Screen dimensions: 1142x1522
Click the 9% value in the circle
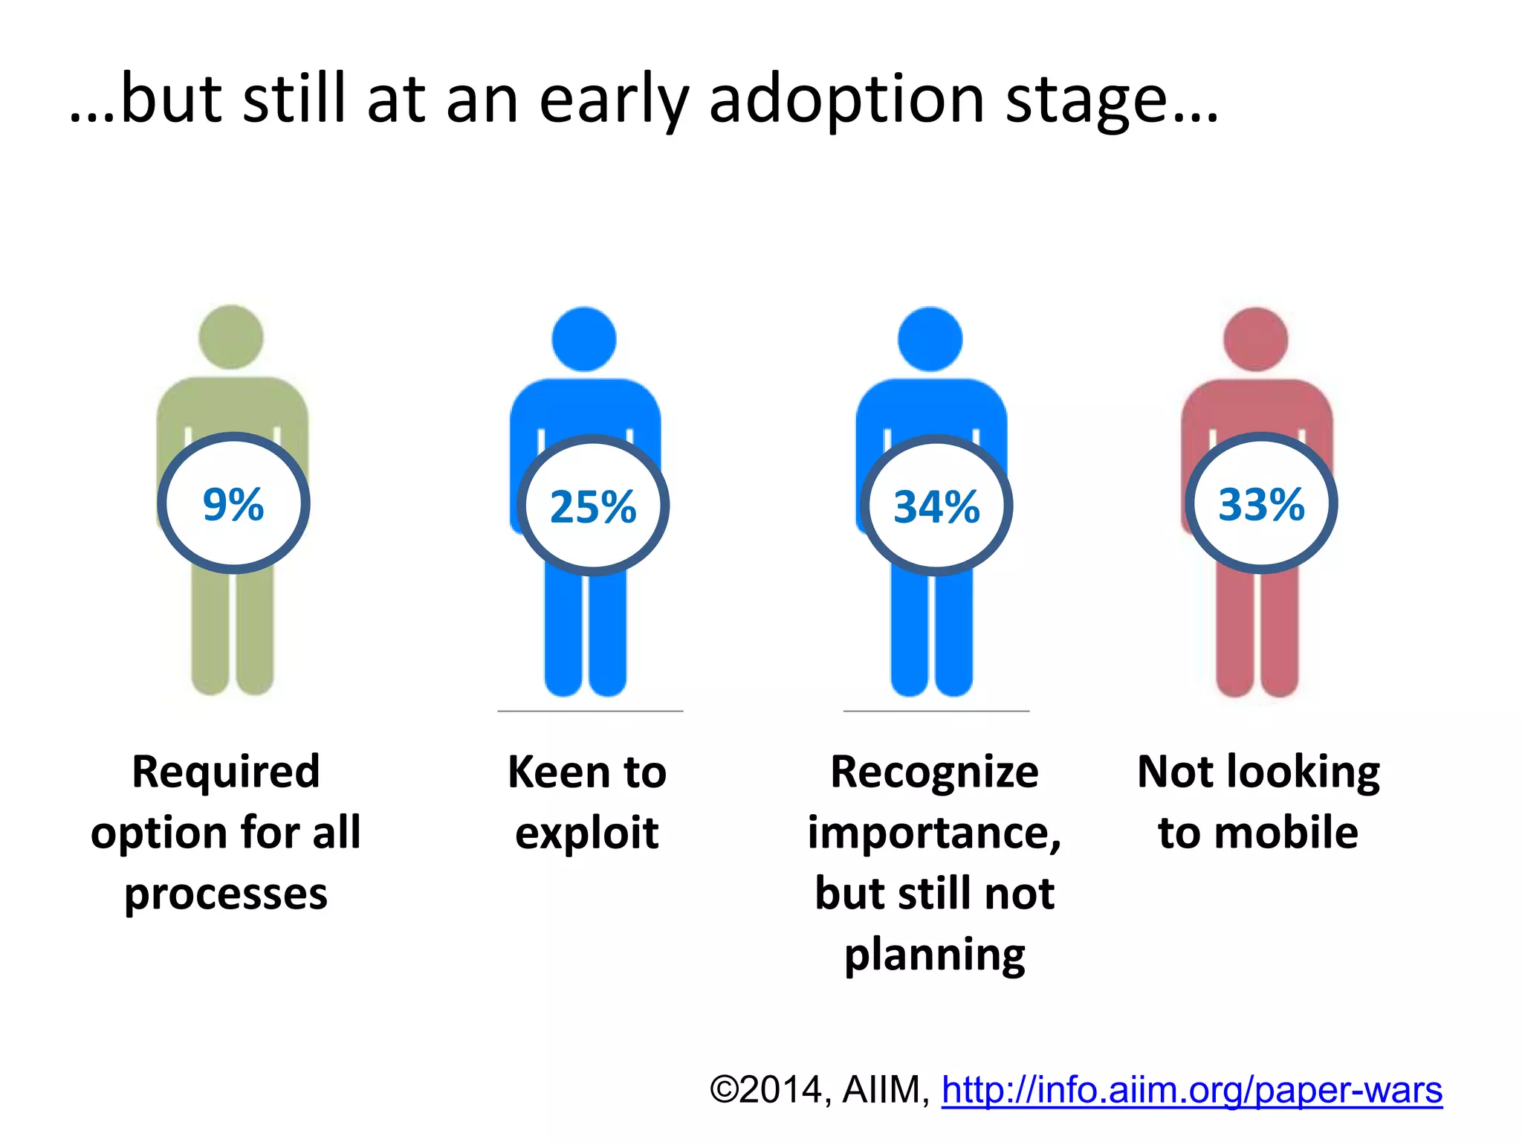coord(233,505)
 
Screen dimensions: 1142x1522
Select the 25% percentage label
coord(593,507)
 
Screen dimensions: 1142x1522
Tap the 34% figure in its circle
coord(936,507)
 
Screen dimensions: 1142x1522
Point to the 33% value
coord(1261,505)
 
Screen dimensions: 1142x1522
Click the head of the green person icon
coord(231,337)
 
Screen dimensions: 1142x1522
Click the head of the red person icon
coord(1255,339)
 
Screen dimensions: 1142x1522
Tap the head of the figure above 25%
coord(584,339)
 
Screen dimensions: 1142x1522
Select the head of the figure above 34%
coord(930,339)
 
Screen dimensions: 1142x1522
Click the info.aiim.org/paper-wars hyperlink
coord(1191,1090)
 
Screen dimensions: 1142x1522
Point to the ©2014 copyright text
coord(765,1090)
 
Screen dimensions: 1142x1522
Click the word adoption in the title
coord(846,100)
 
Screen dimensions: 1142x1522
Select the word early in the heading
coord(613,100)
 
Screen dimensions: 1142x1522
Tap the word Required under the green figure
coord(226,771)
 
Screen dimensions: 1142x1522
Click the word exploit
coord(586,833)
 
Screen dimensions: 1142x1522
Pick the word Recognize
coord(934,772)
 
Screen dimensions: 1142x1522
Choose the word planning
coord(934,955)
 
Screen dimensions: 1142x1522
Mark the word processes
coord(226,894)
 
